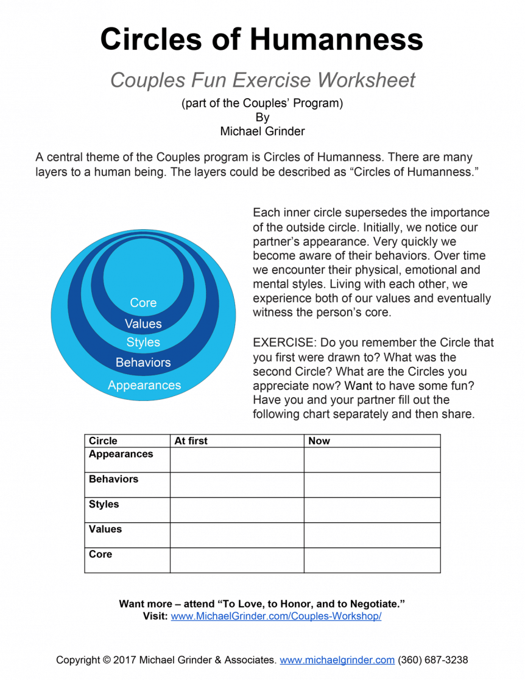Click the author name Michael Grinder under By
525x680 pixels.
[262, 130]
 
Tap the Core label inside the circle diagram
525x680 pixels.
[143, 303]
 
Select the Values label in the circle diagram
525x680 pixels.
[143, 324]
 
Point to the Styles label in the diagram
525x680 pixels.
[143, 342]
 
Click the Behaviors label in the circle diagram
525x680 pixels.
[143, 363]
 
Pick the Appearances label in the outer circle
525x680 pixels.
[144, 385]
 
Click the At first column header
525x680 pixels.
[191, 441]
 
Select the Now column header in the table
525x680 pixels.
[319, 441]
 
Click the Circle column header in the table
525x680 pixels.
[103, 441]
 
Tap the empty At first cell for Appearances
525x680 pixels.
[237, 460]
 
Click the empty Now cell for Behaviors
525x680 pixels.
[372, 485]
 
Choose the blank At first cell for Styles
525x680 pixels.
[237, 510]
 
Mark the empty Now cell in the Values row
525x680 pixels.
[372, 535]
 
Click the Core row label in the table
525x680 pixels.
[100, 554]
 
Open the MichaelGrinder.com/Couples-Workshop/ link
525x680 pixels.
[276, 616]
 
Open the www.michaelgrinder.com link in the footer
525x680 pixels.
[337, 660]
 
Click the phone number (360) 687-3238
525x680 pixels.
[433, 660]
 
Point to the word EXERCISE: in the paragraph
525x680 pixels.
[284, 342]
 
